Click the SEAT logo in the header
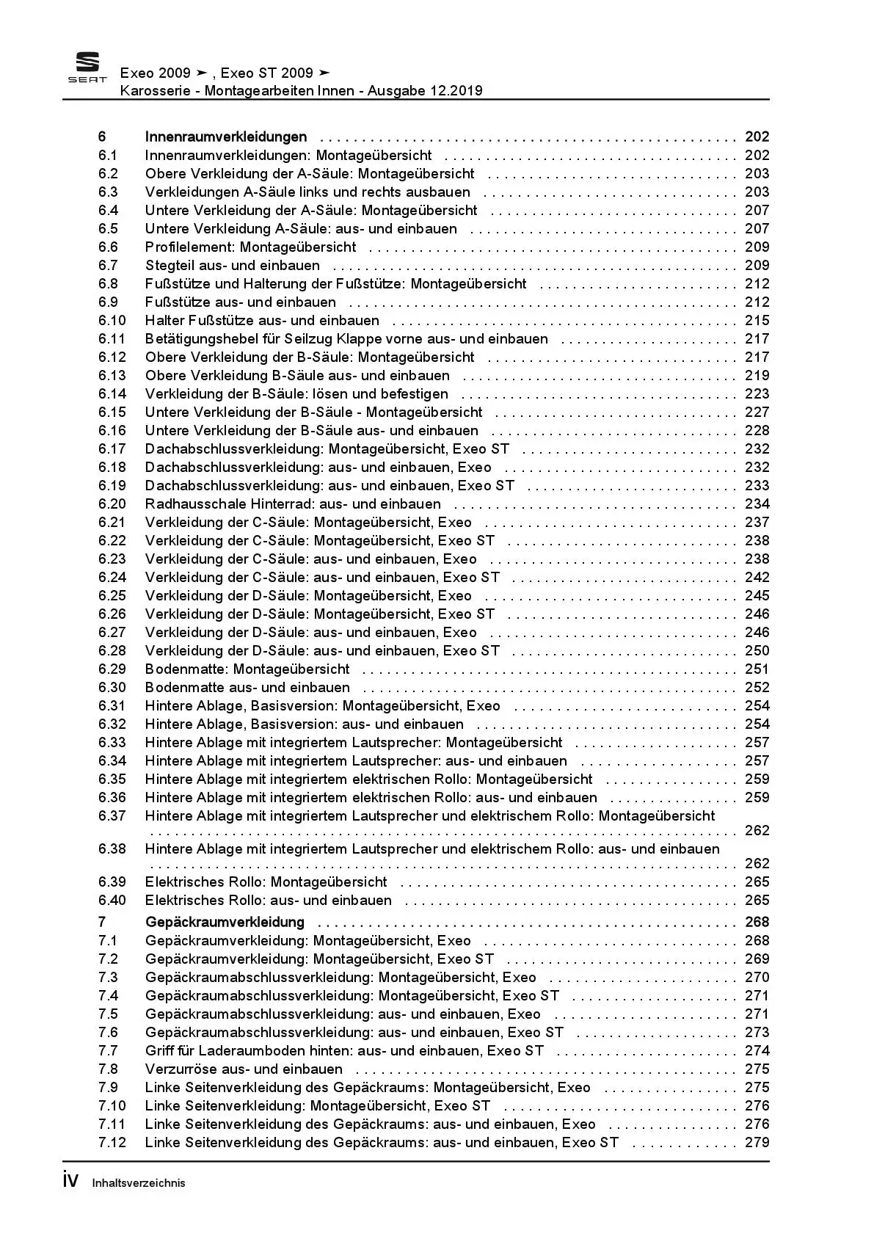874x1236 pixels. click(x=87, y=68)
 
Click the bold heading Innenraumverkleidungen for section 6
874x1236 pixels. click(x=226, y=137)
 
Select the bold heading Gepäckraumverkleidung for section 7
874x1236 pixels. click(x=225, y=922)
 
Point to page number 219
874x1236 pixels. click(x=757, y=376)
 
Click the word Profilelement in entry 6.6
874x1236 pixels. click(x=189, y=247)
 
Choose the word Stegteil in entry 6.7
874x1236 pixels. click(x=170, y=266)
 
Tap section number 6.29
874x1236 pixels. click(x=112, y=669)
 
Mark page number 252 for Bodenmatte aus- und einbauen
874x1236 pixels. click(x=757, y=688)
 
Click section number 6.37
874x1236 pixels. click(x=112, y=816)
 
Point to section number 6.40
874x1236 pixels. click(x=112, y=901)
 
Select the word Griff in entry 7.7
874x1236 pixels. click(x=159, y=1051)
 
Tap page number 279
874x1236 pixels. click(x=757, y=1143)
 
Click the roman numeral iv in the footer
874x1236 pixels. click(x=70, y=1181)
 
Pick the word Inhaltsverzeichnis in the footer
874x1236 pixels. click(x=139, y=1183)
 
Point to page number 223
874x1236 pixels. click(x=757, y=394)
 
